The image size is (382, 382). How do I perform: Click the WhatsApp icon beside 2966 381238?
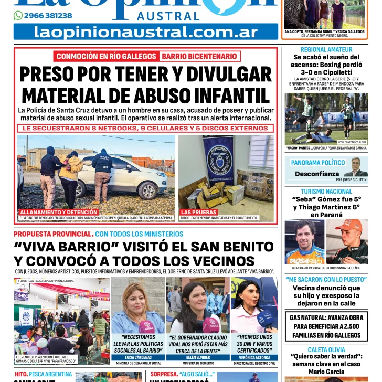coord(18,16)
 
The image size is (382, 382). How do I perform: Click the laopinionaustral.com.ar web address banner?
coord(146,32)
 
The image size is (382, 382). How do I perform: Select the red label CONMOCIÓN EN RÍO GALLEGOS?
coord(106,56)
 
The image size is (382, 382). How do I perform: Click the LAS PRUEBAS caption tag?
coord(198,212)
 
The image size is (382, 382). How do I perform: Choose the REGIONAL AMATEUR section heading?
coord(326,49)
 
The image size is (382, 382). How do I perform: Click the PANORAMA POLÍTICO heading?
coord(318,163)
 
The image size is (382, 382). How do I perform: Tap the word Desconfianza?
coord(317,173)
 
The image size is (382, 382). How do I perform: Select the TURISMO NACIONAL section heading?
coord(326,192)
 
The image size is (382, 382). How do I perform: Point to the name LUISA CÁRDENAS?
coord(138,357)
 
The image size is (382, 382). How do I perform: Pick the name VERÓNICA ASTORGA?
coord(254,357)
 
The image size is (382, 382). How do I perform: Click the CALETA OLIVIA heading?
coord(326,349)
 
